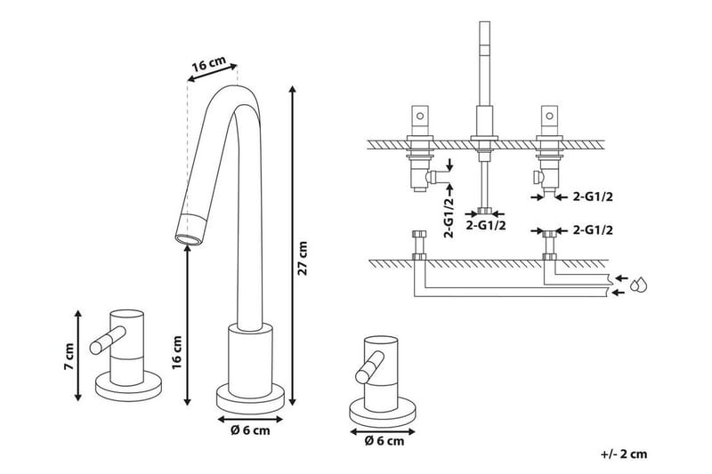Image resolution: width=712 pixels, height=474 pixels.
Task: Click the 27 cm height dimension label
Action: (303, 259)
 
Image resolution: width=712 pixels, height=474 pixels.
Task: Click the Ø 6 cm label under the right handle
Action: (384, 439)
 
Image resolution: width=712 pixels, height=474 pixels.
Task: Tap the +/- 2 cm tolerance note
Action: (624, 454)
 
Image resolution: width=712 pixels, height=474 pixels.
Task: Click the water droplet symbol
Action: (637, 285)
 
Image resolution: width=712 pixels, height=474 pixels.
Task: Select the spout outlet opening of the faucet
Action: (189, 238)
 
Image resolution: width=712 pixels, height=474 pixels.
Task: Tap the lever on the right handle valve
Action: (372, 366)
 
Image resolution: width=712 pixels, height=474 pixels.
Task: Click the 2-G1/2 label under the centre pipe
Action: (487, 226)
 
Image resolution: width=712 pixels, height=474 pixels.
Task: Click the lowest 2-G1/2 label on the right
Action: (594, 229)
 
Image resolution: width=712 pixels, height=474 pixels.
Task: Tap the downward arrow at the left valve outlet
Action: (450, 165)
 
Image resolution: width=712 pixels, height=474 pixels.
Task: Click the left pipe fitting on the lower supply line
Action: (419, 245)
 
